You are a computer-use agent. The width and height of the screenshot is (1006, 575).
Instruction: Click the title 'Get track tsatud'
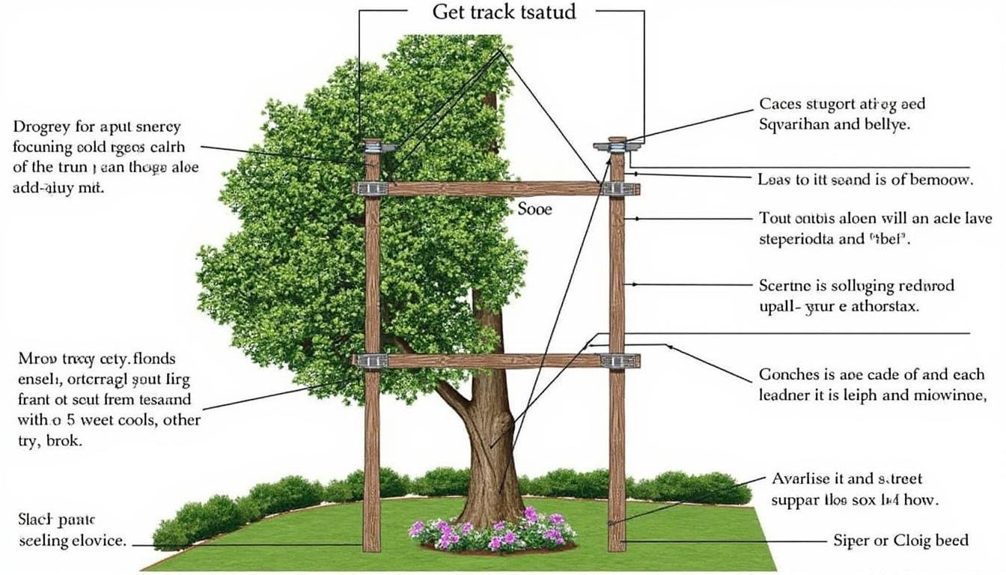point(504,13)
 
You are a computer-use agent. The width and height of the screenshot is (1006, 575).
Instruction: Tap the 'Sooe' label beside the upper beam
point(534,209)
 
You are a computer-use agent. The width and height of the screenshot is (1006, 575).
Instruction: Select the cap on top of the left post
point(372,147)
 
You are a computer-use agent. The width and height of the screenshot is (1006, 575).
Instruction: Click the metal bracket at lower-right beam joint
point(619,361)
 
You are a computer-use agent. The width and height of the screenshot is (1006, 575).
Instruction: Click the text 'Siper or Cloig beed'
point(900,540)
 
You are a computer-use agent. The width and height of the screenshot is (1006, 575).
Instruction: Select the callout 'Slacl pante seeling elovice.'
point(70,529)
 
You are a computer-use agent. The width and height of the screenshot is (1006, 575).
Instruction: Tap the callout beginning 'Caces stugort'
point(842,115)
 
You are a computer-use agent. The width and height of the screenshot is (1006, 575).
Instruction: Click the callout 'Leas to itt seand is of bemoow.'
point(865,180)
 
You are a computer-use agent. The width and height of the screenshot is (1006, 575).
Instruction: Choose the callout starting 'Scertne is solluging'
point(856,296)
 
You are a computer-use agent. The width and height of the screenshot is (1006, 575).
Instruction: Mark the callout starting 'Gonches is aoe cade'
point(872,384)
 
